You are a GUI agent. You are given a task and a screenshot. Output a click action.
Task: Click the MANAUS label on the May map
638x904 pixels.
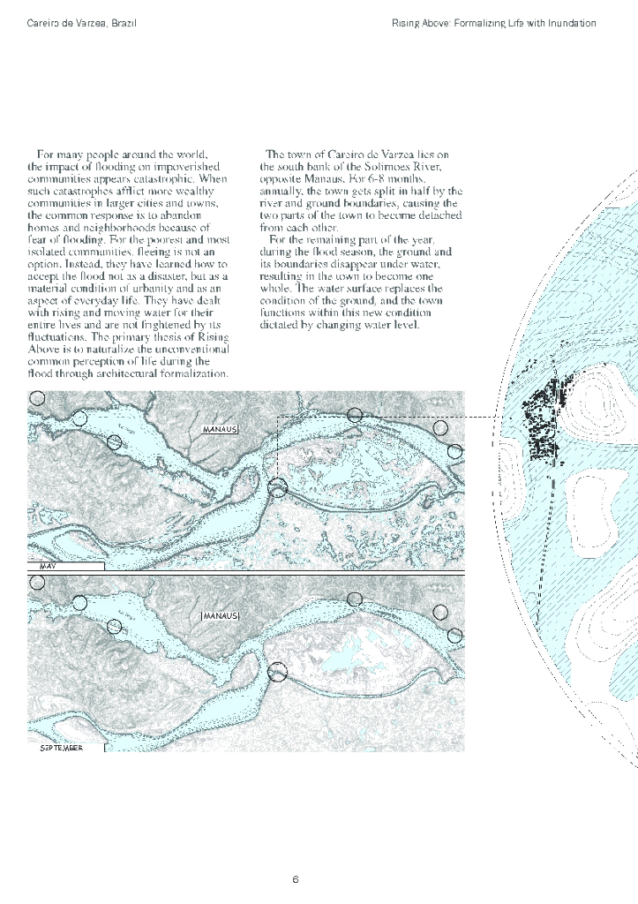click(221, 429)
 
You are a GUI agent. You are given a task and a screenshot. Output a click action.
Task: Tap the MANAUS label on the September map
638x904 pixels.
click(221, 614)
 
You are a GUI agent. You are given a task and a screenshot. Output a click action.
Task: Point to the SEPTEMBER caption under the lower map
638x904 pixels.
click(62, 748)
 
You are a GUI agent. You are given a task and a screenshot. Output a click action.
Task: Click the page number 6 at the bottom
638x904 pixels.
click(296, 879)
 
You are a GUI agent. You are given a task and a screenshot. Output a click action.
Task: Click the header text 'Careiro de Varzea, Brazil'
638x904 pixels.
click(82, 22)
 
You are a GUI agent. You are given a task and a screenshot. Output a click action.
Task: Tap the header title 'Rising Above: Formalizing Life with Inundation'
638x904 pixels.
click(494, 22)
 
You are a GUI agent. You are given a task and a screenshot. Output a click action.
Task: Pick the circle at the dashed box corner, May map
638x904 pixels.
click(277, 487)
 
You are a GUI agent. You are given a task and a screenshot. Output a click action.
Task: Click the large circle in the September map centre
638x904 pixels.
click(277, 673)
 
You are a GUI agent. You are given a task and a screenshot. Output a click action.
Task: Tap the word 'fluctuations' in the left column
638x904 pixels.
click(57, 337)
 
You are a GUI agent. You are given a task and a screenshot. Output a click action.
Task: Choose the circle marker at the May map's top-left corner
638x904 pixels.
click(36, 398)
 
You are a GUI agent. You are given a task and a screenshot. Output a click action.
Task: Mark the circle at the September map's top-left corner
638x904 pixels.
click(36, 582)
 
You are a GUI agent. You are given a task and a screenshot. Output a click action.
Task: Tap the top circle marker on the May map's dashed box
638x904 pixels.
click(355, 415)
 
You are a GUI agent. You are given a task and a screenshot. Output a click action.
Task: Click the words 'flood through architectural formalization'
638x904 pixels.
click(128, 373)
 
